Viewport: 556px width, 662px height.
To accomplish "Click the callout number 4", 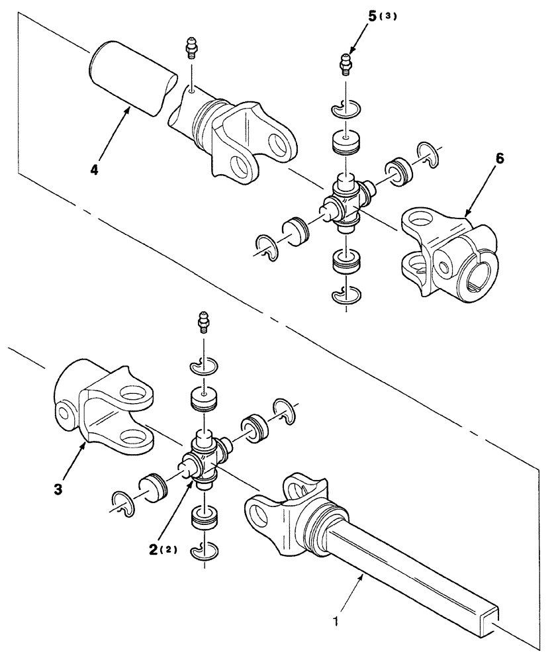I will point(95,170).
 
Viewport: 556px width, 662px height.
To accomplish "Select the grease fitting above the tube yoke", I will point(189,50).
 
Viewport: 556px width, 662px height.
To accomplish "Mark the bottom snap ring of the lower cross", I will point(205,553).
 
